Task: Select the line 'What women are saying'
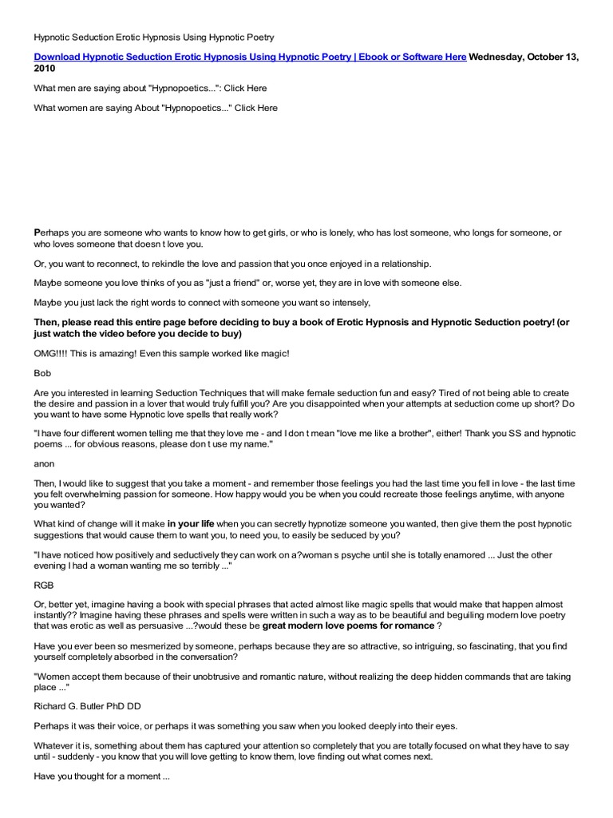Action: (156, 108)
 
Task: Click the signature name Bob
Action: (42, 372)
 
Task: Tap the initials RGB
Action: (45, 584)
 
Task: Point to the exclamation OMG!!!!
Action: (52, 353)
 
